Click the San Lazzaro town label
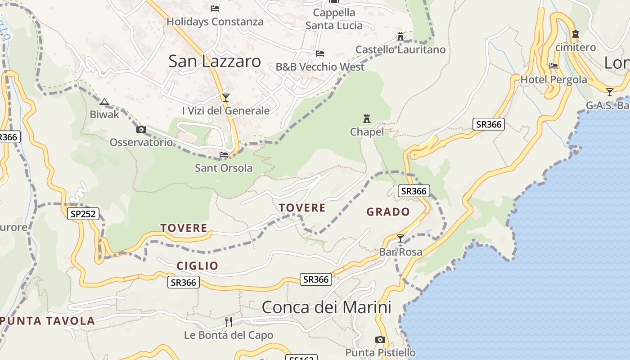(214, 61)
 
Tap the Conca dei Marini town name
(326, 307)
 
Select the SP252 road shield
(83, 214)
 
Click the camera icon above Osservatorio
(141, 130)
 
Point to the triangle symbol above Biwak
(104, 102)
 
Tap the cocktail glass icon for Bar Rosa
(400, 238)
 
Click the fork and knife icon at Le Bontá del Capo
(229, 321)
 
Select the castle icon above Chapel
(367, 119)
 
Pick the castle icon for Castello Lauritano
(400, 36)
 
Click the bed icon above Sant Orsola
(224, 155)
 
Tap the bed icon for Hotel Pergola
(553, 66)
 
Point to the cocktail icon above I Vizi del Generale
(225, 97)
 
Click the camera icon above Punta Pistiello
(380, 339)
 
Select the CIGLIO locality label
(197, 266)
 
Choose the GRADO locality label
(388, 211)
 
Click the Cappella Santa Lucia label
(334, 19)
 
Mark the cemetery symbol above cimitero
(575, 34)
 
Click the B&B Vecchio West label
(320, 67)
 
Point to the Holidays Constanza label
(215, 22)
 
